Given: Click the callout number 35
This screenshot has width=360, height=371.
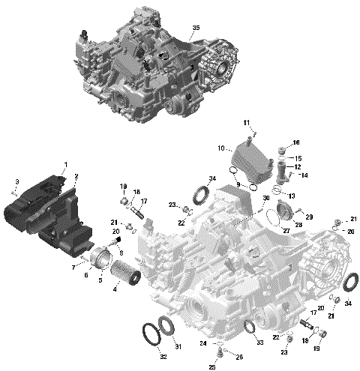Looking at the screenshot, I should pyautogui.click(x=196, y=28).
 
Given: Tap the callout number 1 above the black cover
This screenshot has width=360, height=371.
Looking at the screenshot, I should pyautogui.click(x=65, y=164).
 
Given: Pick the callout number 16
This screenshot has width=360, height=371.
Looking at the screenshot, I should pyautogui.click(x=296, y=142).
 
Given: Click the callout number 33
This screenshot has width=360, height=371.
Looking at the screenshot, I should pyautogui.click(x=259, y=342).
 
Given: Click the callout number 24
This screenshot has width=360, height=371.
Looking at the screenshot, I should pyautogui.click(x=203, y=343).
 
